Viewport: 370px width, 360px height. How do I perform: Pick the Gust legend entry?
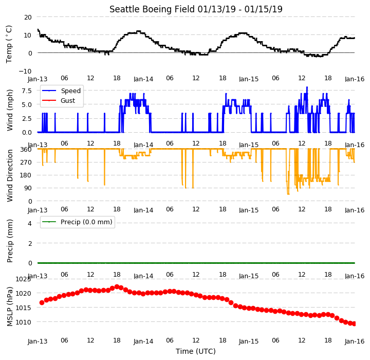pos(59,100)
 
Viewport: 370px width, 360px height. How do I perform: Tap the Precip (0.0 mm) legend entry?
pos(77,222)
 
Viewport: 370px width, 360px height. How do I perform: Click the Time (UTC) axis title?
pos(196,351)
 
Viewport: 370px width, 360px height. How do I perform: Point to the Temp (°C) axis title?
pos(9,44)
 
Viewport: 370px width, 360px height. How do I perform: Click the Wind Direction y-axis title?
pos(10,175)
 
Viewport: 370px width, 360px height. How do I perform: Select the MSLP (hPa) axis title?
pos(10,307)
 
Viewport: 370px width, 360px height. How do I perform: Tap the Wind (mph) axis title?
pos(10,110)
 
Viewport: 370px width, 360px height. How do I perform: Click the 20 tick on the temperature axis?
pos(28,17)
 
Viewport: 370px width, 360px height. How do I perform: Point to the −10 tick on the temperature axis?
pos(25,71)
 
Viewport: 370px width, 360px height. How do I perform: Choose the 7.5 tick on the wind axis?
pos(27,91)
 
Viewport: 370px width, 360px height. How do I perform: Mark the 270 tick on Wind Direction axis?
pos(27,163)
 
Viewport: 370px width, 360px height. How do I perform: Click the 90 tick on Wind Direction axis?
pos(28,188)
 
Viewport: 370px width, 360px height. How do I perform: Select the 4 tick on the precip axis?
pos(30,223)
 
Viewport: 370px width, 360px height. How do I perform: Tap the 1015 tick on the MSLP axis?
pos(23,308)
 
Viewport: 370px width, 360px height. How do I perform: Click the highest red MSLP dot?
pos(117,287)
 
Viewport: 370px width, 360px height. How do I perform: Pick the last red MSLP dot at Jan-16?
pos(354,323)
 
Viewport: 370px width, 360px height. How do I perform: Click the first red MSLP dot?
pos(42,302)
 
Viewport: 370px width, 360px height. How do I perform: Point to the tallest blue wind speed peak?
pos(307,87)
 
